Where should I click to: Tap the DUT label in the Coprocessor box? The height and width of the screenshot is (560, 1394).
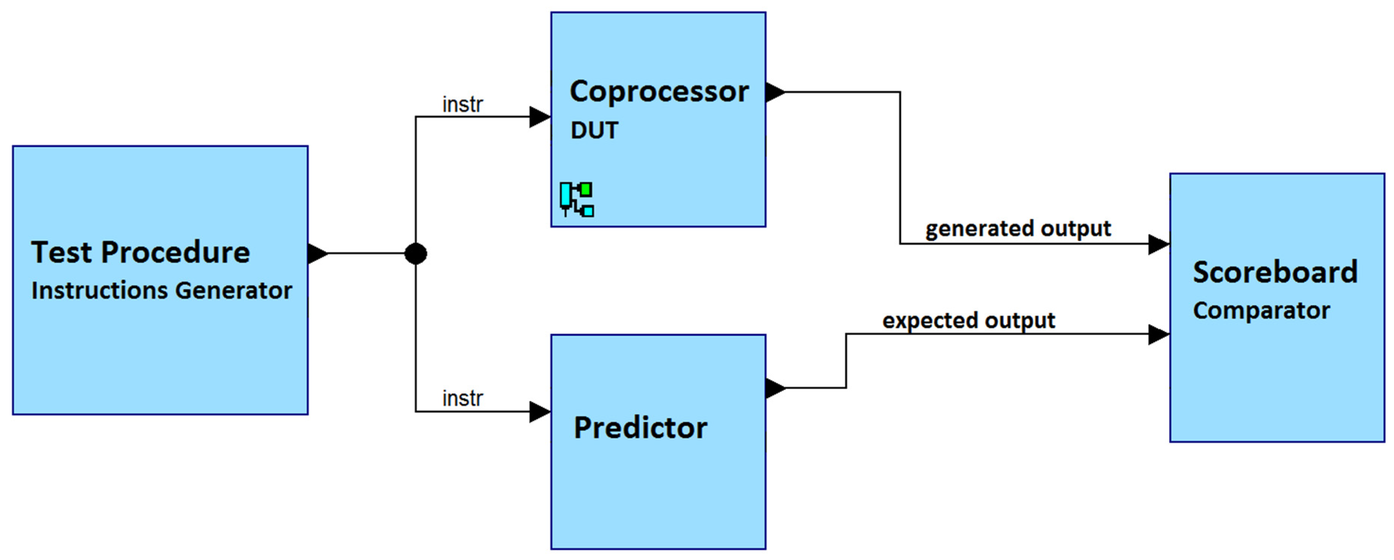(x=594, y=131)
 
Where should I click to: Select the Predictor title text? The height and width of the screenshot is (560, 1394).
(x=640, y=428)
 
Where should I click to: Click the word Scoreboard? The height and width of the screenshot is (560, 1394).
(x=1275, y=272)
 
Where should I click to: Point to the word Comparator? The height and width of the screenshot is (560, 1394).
(x=1261, y=310)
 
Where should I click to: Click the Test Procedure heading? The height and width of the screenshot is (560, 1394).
(x=141, y=253)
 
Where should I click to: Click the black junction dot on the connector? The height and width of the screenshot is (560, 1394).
(x=416, y=254)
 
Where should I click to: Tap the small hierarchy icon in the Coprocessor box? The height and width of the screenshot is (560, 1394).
(x=577, y=199)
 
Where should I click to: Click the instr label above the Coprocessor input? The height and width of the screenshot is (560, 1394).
(x=462, y=104)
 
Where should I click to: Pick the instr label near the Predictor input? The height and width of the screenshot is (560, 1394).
(x=462, y=399)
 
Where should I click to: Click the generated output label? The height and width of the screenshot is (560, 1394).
(x=1018, y=229)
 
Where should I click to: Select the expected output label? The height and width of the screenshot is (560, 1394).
(x=969, y=320)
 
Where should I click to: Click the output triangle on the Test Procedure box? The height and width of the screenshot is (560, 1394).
(x=317, y=253)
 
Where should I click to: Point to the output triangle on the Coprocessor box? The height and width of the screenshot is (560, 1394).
(x=775, y=92)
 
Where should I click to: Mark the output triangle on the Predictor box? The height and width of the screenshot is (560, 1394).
(x=775, y=388)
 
